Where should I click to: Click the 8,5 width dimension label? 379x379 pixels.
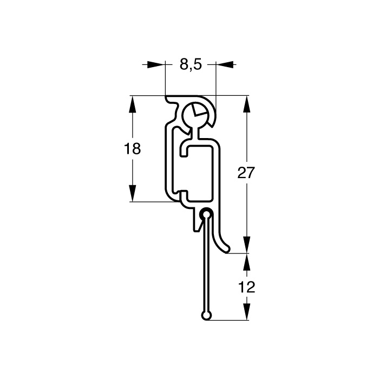pyautogui.click(x=191, y=64)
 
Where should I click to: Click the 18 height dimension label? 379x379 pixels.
pyautogui.click(x=132, y=149)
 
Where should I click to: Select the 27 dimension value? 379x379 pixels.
pyautogui.click(x=246, y=173)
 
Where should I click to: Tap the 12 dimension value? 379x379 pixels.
pyautogui.click(x=246, y=287)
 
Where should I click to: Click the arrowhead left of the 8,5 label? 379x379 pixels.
pyautogui.click(x=155, y=64)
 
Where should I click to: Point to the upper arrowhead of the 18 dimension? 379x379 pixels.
pyautogui.click(x=133, y=104)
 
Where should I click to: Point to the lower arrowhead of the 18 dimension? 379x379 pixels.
pyautogui.click(x=133, y=193)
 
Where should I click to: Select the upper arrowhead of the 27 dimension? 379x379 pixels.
pyautogui.click(x=246, y=104)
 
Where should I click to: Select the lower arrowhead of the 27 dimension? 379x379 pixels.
pyautogui.click(x=246, y=245)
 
